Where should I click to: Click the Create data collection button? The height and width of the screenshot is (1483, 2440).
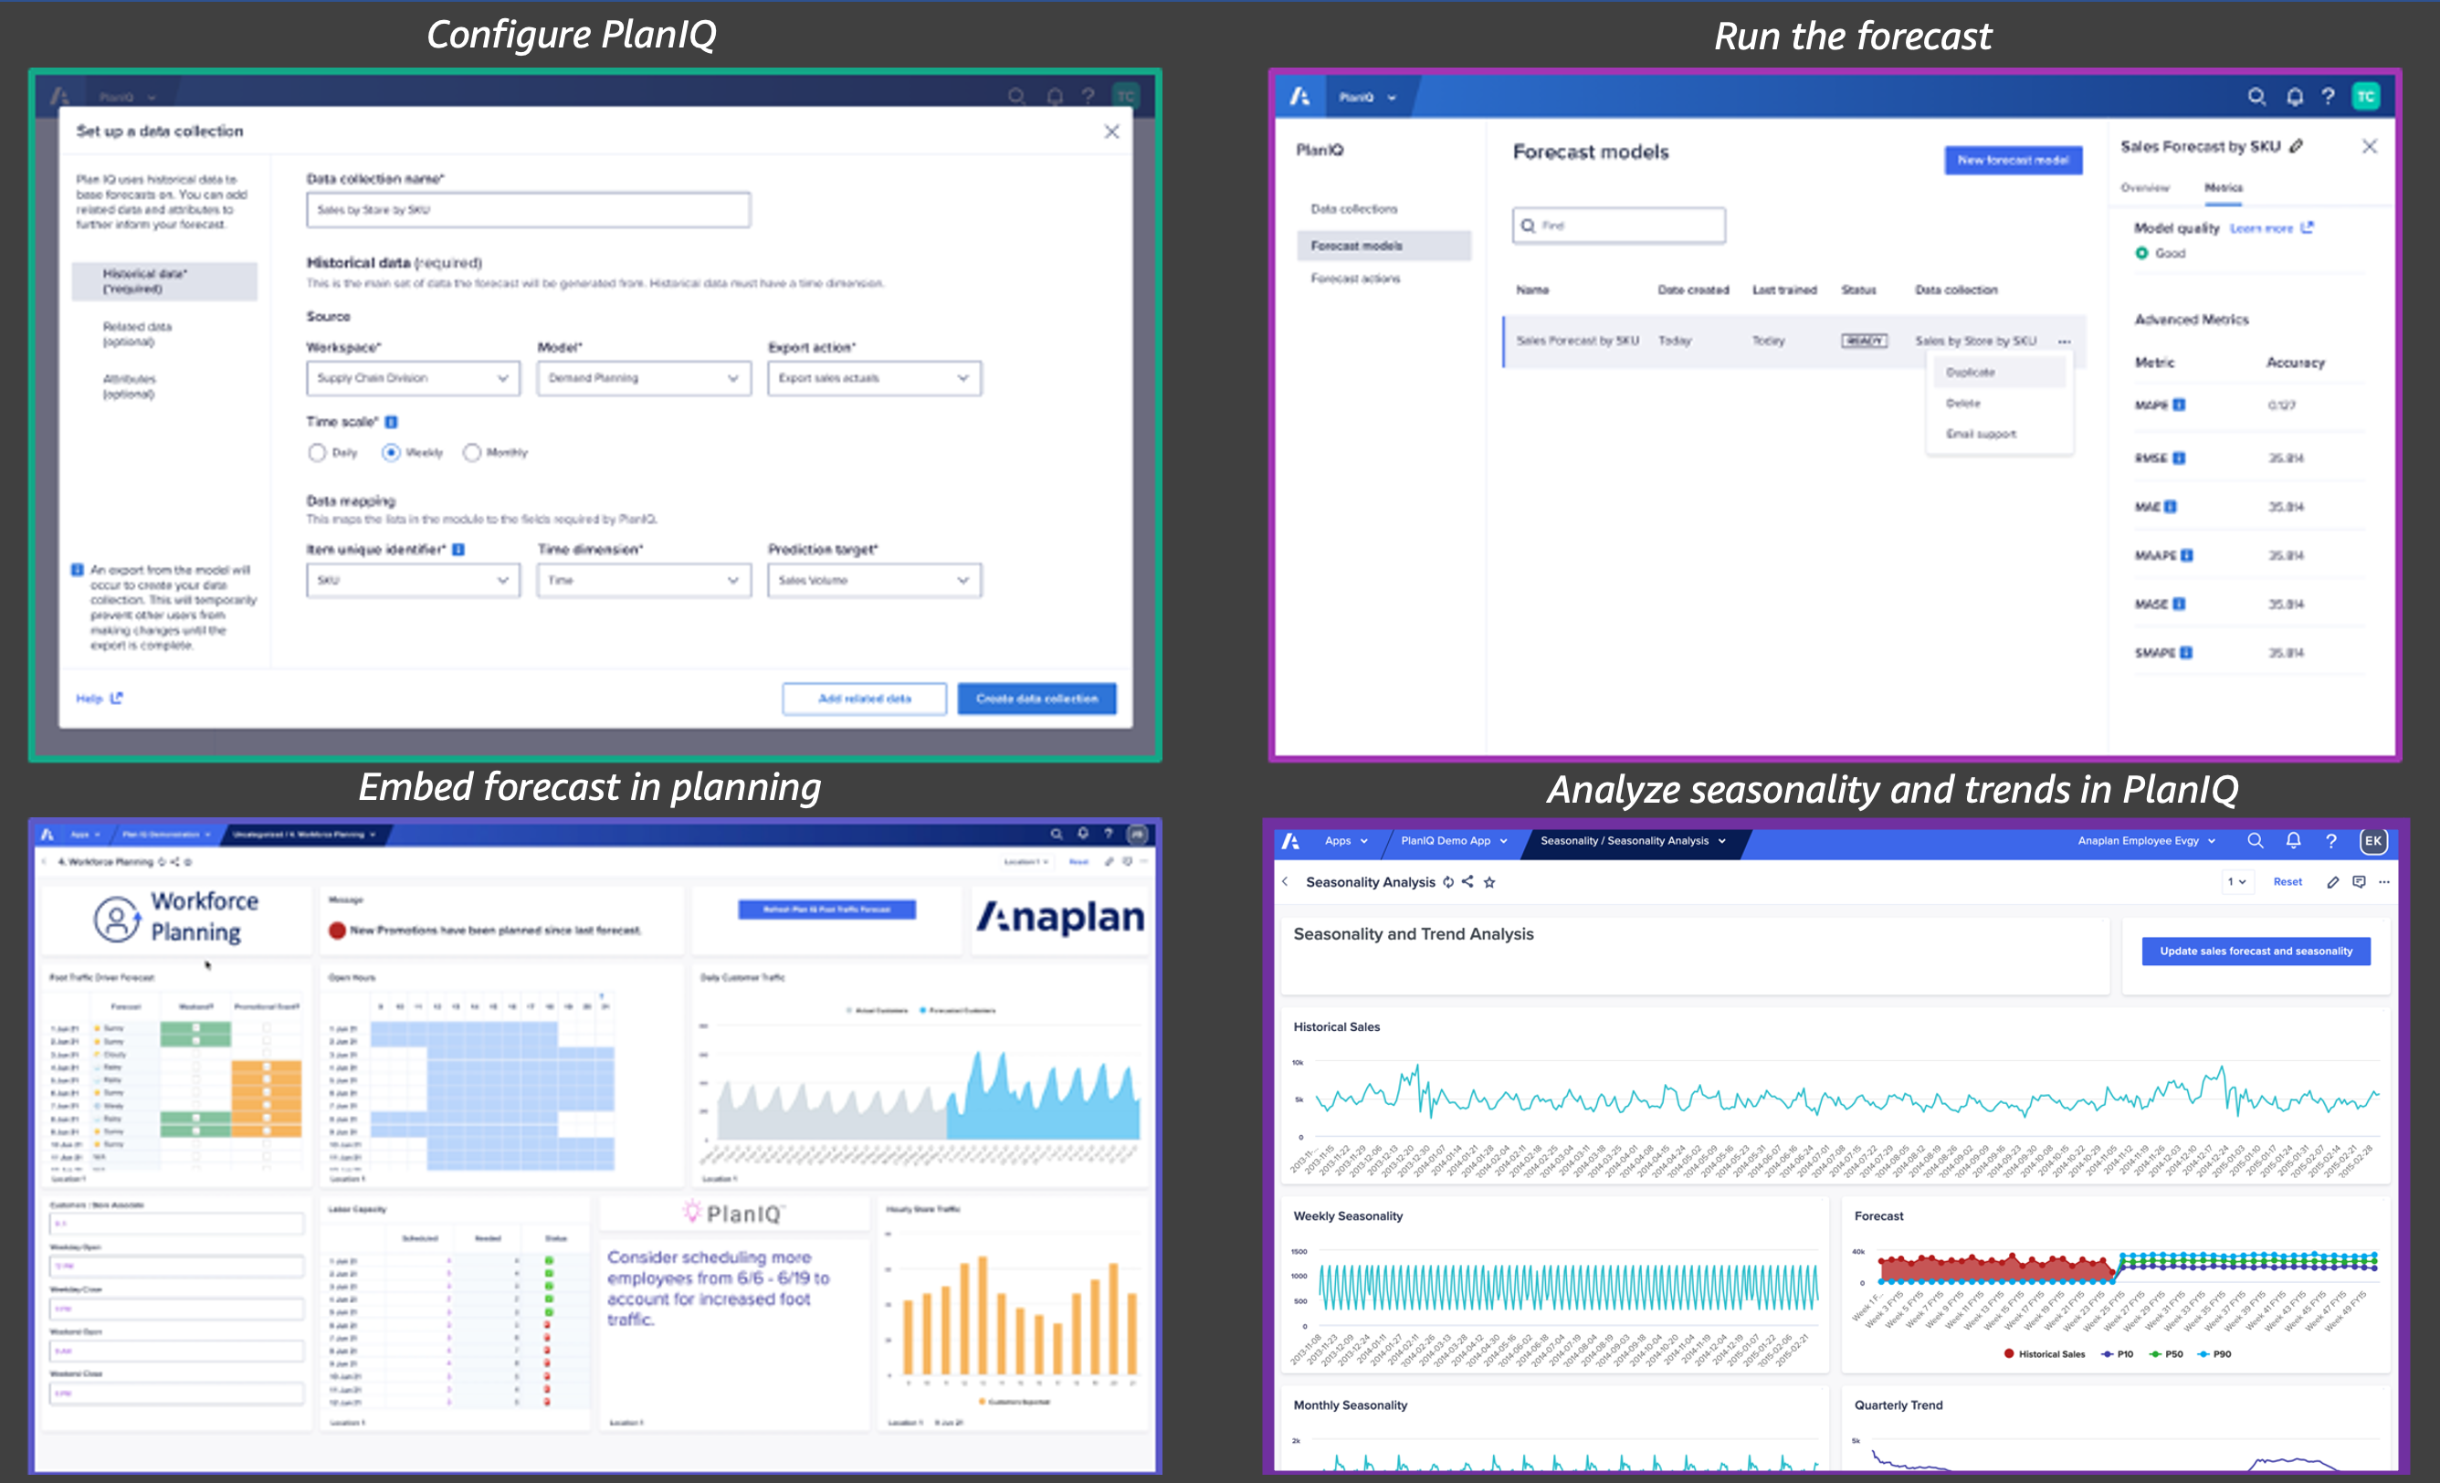point(1036,699)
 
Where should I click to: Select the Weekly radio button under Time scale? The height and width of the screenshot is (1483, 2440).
point(391,452)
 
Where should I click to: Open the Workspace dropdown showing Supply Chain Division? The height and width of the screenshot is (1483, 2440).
point(412,378)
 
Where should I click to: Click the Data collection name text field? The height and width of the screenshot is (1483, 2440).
point(528,210)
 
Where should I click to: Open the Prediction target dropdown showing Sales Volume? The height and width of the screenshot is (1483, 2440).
point(873,580)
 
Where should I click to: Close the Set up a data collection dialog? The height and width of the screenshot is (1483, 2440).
point(1111,131)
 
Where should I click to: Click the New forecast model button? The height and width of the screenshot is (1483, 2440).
point(2013,161)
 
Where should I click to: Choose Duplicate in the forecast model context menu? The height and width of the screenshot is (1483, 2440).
point(1970,373)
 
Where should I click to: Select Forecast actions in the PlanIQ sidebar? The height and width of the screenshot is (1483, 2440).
point(1354,279)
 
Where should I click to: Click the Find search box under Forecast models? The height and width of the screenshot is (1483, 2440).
point(1618,226)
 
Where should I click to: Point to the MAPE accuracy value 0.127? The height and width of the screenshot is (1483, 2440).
point(2281,405)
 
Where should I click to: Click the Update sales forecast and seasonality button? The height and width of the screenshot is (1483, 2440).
point(2255,952)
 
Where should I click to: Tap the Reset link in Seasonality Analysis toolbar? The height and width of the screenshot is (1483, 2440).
point(2287,882)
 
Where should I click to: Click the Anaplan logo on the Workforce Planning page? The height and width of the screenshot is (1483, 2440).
point(1059,918)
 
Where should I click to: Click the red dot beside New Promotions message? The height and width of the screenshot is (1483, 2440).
point(337,931)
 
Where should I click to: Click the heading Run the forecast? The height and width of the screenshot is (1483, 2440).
point(1852,37)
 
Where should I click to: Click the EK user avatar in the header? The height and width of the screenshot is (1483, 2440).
point(2372,841)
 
